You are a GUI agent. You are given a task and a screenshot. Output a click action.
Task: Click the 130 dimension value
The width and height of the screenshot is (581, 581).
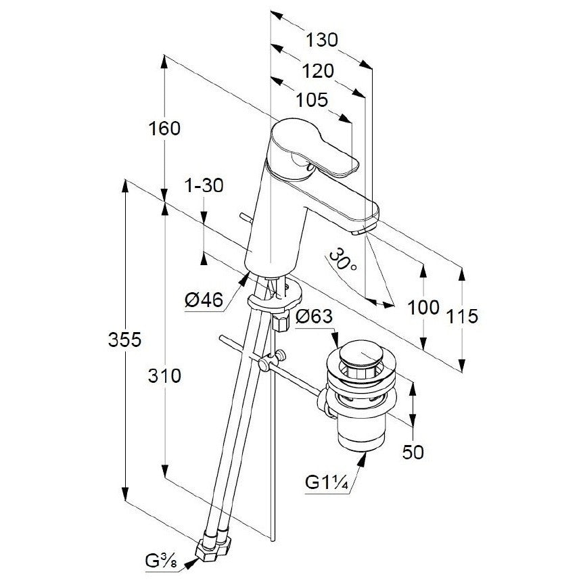[322, 40]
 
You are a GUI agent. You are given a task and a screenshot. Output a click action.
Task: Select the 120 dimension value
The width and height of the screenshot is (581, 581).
[318, 71]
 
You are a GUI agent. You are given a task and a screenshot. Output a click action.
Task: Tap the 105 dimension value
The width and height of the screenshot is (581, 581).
[312, 100]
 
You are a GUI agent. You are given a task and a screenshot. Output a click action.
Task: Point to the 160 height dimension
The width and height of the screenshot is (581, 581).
[164, 129]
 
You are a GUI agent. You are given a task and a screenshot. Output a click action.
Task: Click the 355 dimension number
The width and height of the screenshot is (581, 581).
[125, 340]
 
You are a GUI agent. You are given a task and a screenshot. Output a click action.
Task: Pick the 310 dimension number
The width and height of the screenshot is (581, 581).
[164, 376]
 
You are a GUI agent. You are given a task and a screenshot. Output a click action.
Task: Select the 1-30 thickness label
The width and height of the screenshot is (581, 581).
[204, 185]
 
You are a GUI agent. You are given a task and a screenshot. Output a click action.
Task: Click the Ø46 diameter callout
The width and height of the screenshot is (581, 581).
[204, 300]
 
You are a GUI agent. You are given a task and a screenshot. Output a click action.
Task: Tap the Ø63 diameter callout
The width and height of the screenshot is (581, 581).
[315, 316]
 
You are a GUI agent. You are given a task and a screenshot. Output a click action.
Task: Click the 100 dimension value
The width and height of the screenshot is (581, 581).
[423, 307]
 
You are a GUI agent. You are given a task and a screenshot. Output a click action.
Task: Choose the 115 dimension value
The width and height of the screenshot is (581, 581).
[462, 316]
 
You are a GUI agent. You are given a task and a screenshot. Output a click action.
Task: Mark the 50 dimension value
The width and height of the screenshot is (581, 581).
[413, 452]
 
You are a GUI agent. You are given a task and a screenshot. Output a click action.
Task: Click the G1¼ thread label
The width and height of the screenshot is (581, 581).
[327, 483]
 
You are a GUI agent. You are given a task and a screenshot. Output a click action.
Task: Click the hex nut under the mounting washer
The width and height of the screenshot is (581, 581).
[281, 321]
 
